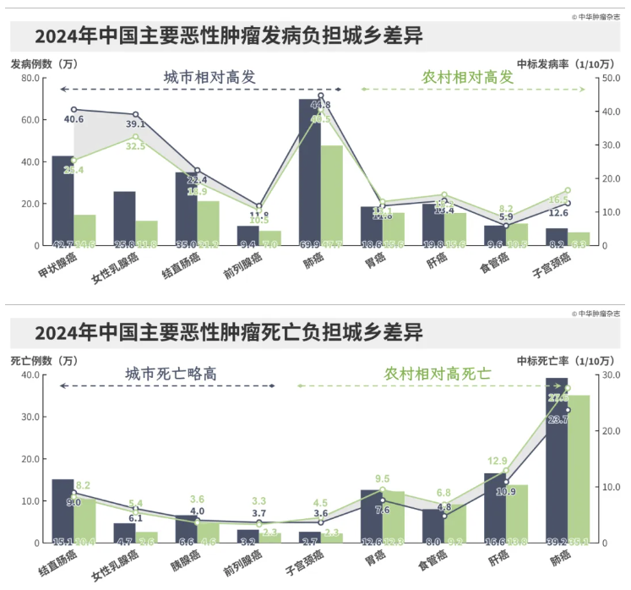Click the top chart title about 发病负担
(x=229, y=37)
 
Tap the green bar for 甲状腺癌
(x=84, y=229)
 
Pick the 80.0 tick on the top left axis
(x=30, y=78)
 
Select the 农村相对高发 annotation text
(x=467, y=77)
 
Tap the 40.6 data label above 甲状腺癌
(x=73, y=119)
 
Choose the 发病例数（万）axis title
(x=43, y=63)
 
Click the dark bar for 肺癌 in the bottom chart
(x=557, y=456)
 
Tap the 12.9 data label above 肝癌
(x=498, y=462)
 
